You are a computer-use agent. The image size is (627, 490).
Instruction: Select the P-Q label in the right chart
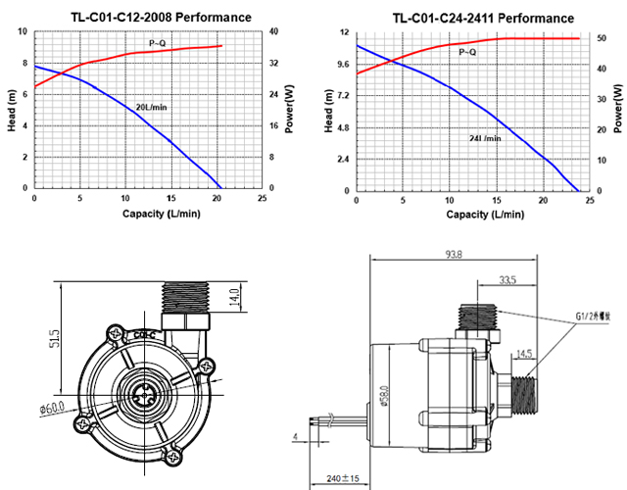[x=467, y=51]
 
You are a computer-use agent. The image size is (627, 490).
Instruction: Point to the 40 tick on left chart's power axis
[x=275, y=31]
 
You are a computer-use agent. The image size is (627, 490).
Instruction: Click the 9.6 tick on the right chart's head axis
[x=342, y=65]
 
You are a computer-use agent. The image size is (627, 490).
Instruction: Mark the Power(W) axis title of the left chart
[x=289, y=110]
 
